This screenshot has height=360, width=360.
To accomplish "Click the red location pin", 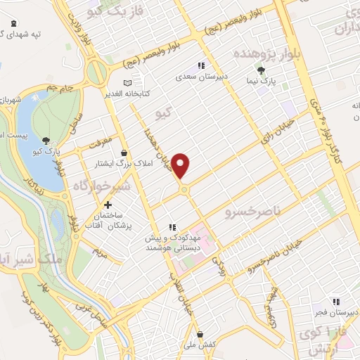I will pos(182,165).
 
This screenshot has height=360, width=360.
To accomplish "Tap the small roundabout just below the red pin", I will pos(184,189).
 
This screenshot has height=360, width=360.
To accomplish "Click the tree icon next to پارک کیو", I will pos(46,140).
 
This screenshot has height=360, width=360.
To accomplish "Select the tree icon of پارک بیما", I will pos(261,70).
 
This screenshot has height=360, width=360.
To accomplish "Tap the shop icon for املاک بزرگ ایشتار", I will pos(124,153).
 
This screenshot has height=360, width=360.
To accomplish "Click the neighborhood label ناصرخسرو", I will pos(250,211).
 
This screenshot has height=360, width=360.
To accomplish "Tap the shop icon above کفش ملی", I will pos(200,333).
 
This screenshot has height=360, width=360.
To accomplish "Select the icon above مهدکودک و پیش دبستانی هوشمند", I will pos(171,228).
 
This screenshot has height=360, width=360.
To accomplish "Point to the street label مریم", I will pos(100,250).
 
